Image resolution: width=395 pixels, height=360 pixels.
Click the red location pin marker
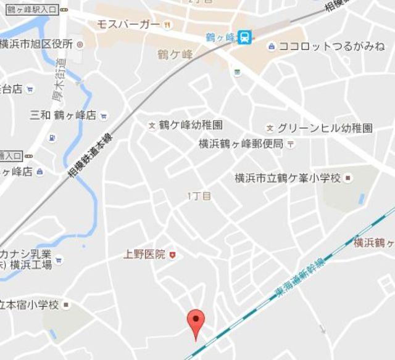(x=196, y=322)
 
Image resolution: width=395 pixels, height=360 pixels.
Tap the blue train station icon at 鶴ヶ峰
(x=245, y=38)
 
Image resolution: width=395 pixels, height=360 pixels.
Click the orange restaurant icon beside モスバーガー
(x=167, y=25)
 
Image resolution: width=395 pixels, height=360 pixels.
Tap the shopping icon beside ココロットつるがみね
(x=272, y=46)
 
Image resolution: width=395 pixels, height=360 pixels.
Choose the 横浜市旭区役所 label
(x=36, y=44)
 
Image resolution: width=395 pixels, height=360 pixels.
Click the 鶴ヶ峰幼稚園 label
(x=190, y=125)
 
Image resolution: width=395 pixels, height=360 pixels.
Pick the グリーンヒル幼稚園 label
(x=325, y=128)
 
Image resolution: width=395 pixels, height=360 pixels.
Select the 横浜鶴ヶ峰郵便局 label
(x=241, y=144)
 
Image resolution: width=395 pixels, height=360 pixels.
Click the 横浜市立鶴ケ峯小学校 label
(x=288, y=178)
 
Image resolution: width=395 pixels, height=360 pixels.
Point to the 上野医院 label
(x=144, y=254)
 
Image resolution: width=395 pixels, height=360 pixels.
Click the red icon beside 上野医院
(x=173, y=254)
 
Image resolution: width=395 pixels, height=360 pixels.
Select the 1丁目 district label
(x=199, y=196)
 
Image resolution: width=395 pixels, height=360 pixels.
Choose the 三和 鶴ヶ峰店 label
(x=63, y=115)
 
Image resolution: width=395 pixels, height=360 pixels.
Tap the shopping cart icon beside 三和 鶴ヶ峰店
(x=104, y=115)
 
